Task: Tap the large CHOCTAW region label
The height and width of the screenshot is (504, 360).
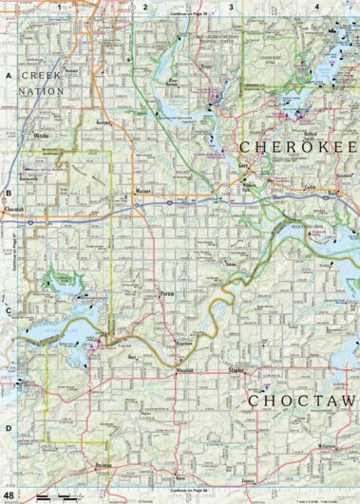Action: (x=301, y=401)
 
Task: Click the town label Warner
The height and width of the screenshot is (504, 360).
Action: (x=143, y=191)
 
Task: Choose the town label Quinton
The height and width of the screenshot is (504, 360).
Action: (x=104, y=466)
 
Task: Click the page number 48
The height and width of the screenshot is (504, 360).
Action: (x=9, y=496)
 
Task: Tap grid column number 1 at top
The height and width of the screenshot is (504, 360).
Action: (x=59, y=6)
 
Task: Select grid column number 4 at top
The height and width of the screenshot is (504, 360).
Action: (x=316, y=6)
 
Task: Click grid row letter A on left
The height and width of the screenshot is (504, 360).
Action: (x=8, y=74)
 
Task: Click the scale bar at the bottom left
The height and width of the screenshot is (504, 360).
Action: (x=57, y=496)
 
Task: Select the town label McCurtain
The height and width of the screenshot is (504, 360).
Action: (x=329, y=445)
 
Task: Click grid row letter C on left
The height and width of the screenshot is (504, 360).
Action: (x=8, y=310)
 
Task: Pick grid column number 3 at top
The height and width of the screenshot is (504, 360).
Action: (x=231, y=6)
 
